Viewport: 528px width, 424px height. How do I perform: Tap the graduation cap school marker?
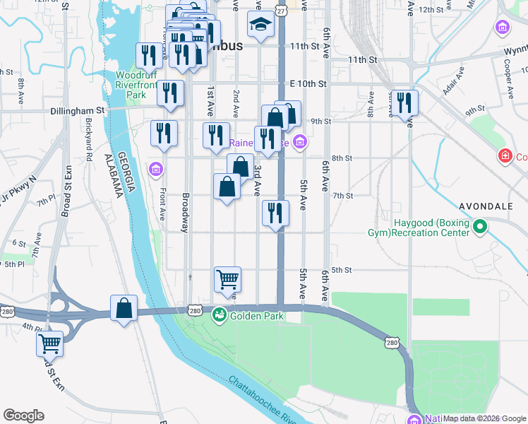[260, 25]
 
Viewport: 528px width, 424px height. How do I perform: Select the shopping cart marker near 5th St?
[227, 279]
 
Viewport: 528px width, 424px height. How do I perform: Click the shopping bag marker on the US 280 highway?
[124, 308]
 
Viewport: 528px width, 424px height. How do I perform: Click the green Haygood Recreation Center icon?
[480, 227]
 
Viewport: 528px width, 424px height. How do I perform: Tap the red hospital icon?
[504, 155]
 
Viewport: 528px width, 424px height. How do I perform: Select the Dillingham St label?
[78, 111]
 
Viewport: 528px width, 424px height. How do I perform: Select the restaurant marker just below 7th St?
[275, 213]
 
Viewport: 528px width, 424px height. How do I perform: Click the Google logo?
[23, 416]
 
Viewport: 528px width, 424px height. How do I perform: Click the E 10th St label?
[308, 83]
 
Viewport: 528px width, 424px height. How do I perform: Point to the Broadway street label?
[186, 213]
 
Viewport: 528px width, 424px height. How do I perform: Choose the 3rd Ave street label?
[258, 180]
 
